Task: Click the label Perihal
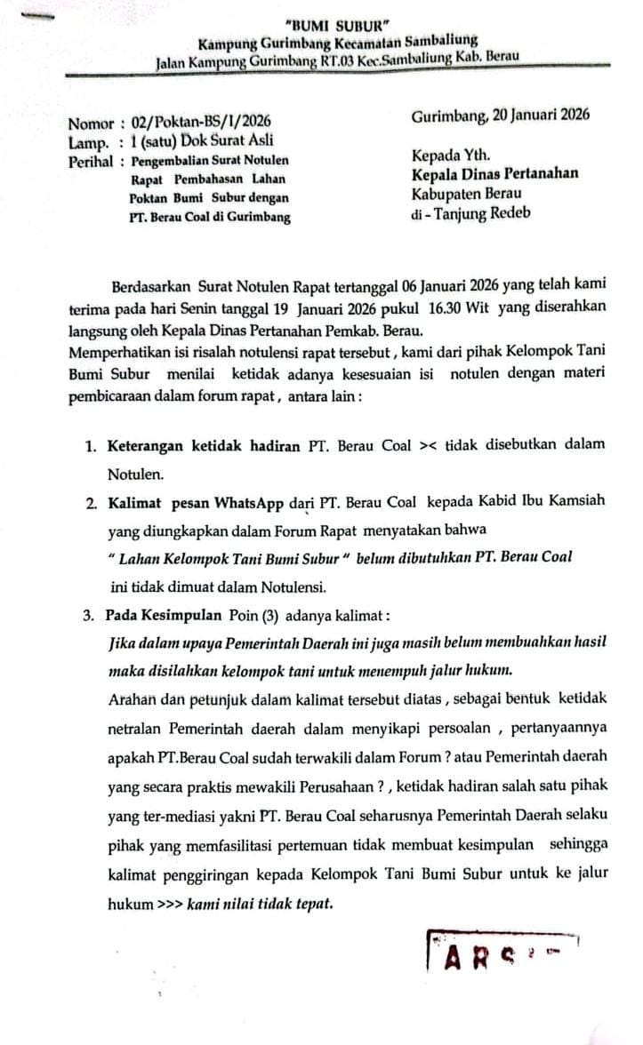pyautogui.click(x=91, y=161)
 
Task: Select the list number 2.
pyautogui.click(x=91, y=503)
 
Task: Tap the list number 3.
pyautogui.click(x=91, y=614)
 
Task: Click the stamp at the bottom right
pyautogui.click(x=502, y=953)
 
